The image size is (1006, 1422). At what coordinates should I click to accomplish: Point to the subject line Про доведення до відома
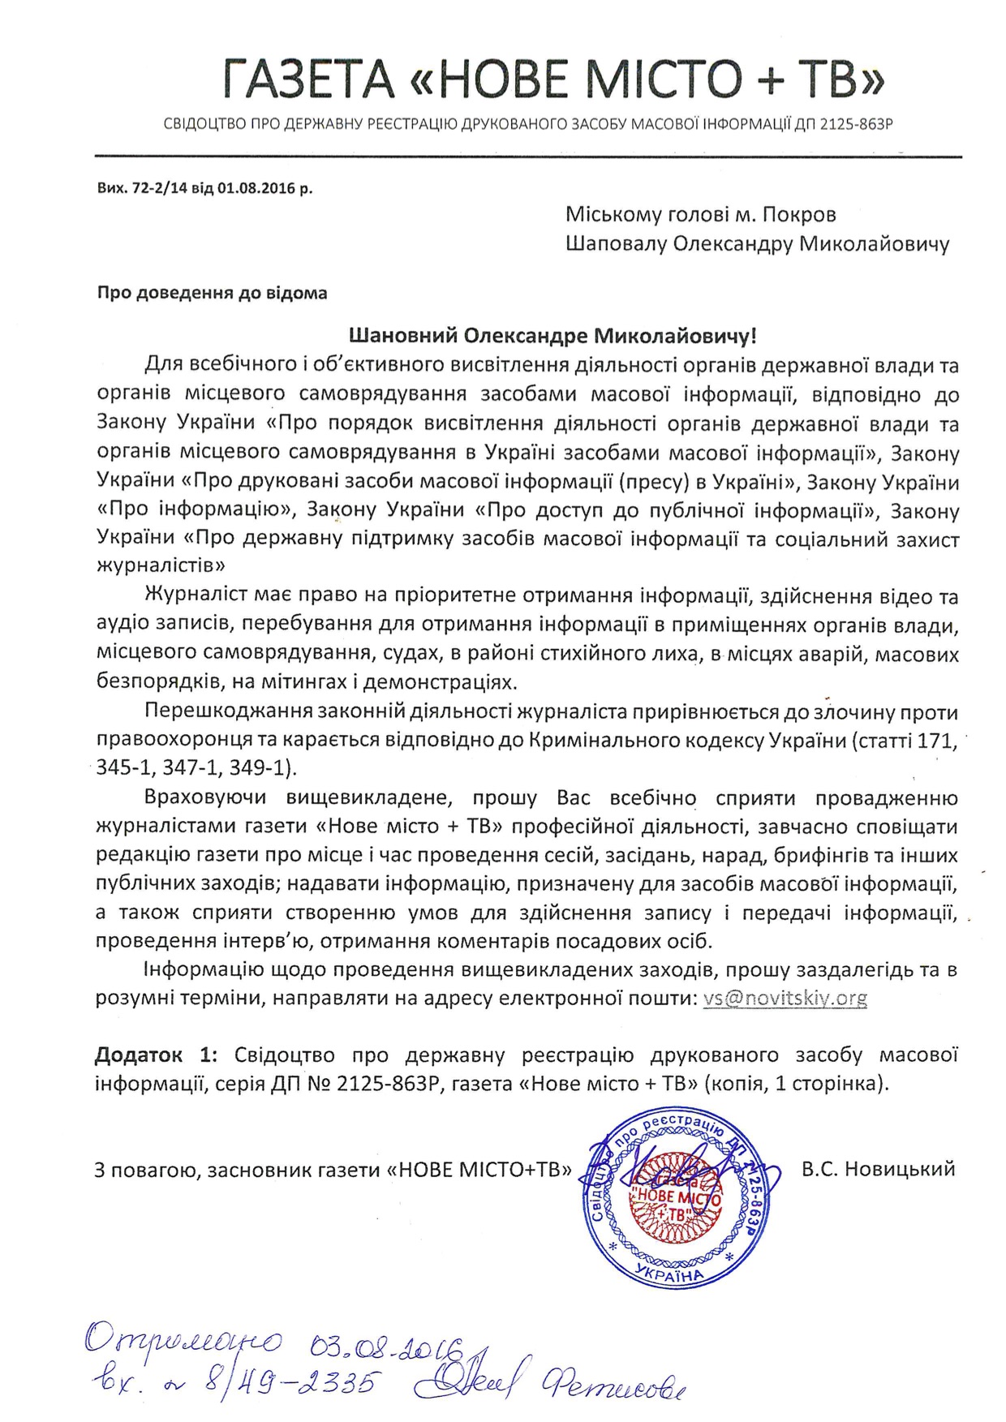[x=213, y=293]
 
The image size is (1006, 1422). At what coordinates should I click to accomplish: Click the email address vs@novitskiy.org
[x=785, y=998]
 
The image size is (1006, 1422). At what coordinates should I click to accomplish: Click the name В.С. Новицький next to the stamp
[x=877, y=1169]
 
